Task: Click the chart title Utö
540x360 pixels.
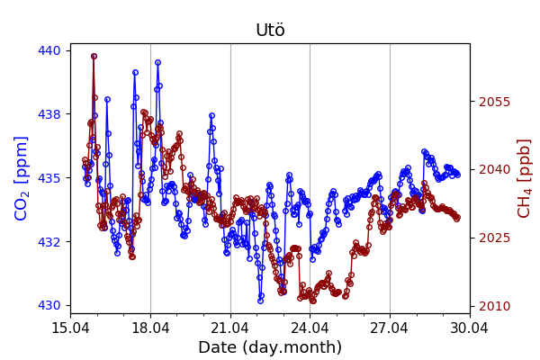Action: click(270, 31)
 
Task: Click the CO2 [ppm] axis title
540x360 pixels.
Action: click(22, 178)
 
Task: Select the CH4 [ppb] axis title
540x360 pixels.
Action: click(524, 178)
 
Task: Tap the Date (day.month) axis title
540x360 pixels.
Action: click(270, 347)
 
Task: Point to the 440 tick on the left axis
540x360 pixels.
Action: click(49, 50)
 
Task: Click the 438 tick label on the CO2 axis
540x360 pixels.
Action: click(49, 114)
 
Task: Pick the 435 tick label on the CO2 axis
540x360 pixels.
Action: click(49, 178)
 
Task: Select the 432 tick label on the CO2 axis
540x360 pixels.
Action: click(49, 242)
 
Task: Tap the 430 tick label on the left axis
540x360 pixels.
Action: click(49, 306)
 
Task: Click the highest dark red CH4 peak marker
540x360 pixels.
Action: click(94, 56)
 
